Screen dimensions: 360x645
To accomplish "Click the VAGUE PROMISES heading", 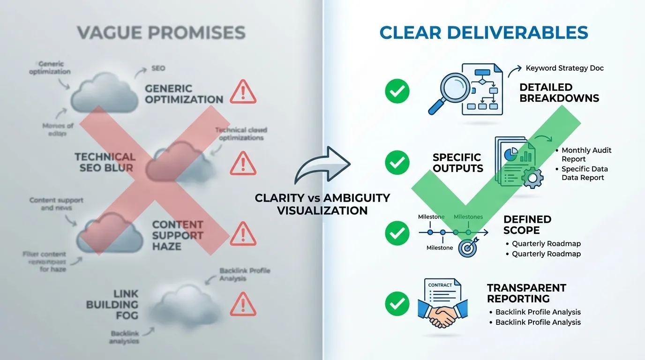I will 161,33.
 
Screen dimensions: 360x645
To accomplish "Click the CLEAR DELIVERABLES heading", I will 483,33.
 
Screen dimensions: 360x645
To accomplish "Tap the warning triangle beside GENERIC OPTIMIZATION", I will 243,92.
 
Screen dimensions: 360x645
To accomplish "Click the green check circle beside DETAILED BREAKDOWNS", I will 397,91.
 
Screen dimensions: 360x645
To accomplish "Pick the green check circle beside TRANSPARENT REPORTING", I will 397,304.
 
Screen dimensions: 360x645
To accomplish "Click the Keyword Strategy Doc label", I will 564,68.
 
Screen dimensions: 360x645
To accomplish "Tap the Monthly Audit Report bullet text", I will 586,155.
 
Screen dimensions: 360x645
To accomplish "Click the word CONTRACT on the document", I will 440,285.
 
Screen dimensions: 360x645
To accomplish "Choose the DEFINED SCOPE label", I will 527,225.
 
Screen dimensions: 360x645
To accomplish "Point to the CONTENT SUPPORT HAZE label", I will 177,235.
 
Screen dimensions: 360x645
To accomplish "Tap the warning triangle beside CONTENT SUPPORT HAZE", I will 243,233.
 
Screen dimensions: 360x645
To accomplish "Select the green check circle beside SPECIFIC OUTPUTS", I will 397,163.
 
